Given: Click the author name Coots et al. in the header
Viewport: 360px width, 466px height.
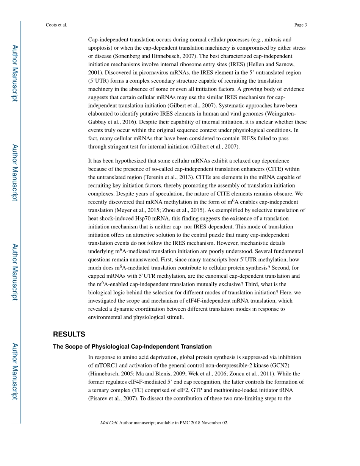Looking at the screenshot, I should [56, 25].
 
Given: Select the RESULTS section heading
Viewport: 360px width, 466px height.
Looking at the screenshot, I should [69, 334].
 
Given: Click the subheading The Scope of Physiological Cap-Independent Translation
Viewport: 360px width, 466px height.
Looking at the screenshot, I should [132, 346].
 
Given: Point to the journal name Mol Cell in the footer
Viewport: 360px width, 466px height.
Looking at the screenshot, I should [109, 422].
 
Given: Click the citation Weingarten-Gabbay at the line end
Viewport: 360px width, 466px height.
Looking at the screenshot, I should [289, 114].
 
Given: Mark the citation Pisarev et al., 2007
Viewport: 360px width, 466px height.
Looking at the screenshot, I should [112, 398].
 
